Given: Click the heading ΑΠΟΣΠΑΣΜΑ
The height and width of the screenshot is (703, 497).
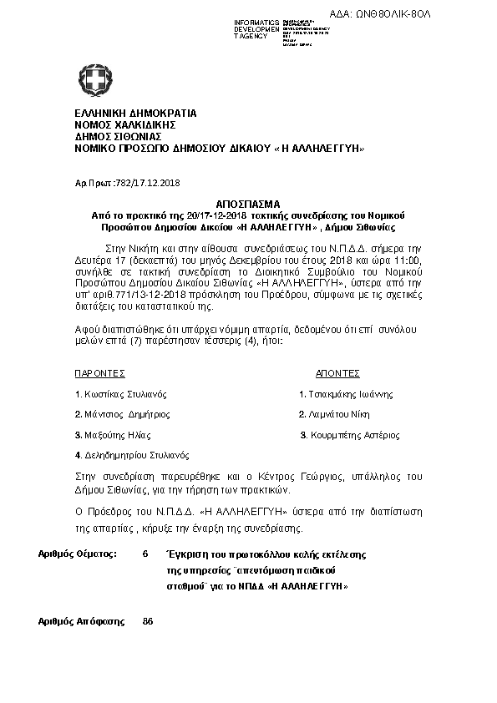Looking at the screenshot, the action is tap(248, 204).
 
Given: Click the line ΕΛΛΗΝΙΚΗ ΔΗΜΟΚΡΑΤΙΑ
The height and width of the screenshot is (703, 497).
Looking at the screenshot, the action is tap(135, 113).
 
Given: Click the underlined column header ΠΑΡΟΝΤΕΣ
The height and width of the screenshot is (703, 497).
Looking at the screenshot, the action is tap(100, 373).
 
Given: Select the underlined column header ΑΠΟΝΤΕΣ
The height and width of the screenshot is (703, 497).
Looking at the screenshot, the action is tap(337, 373).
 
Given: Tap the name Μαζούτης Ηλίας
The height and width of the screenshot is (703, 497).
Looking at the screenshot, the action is tap(119, 435).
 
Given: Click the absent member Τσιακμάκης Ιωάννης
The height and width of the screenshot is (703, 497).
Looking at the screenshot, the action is tap(350, 394).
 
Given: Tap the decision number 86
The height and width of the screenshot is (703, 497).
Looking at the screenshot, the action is tap(148, 622).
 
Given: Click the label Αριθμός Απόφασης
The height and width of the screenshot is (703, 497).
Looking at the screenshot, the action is tap(82, 622).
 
